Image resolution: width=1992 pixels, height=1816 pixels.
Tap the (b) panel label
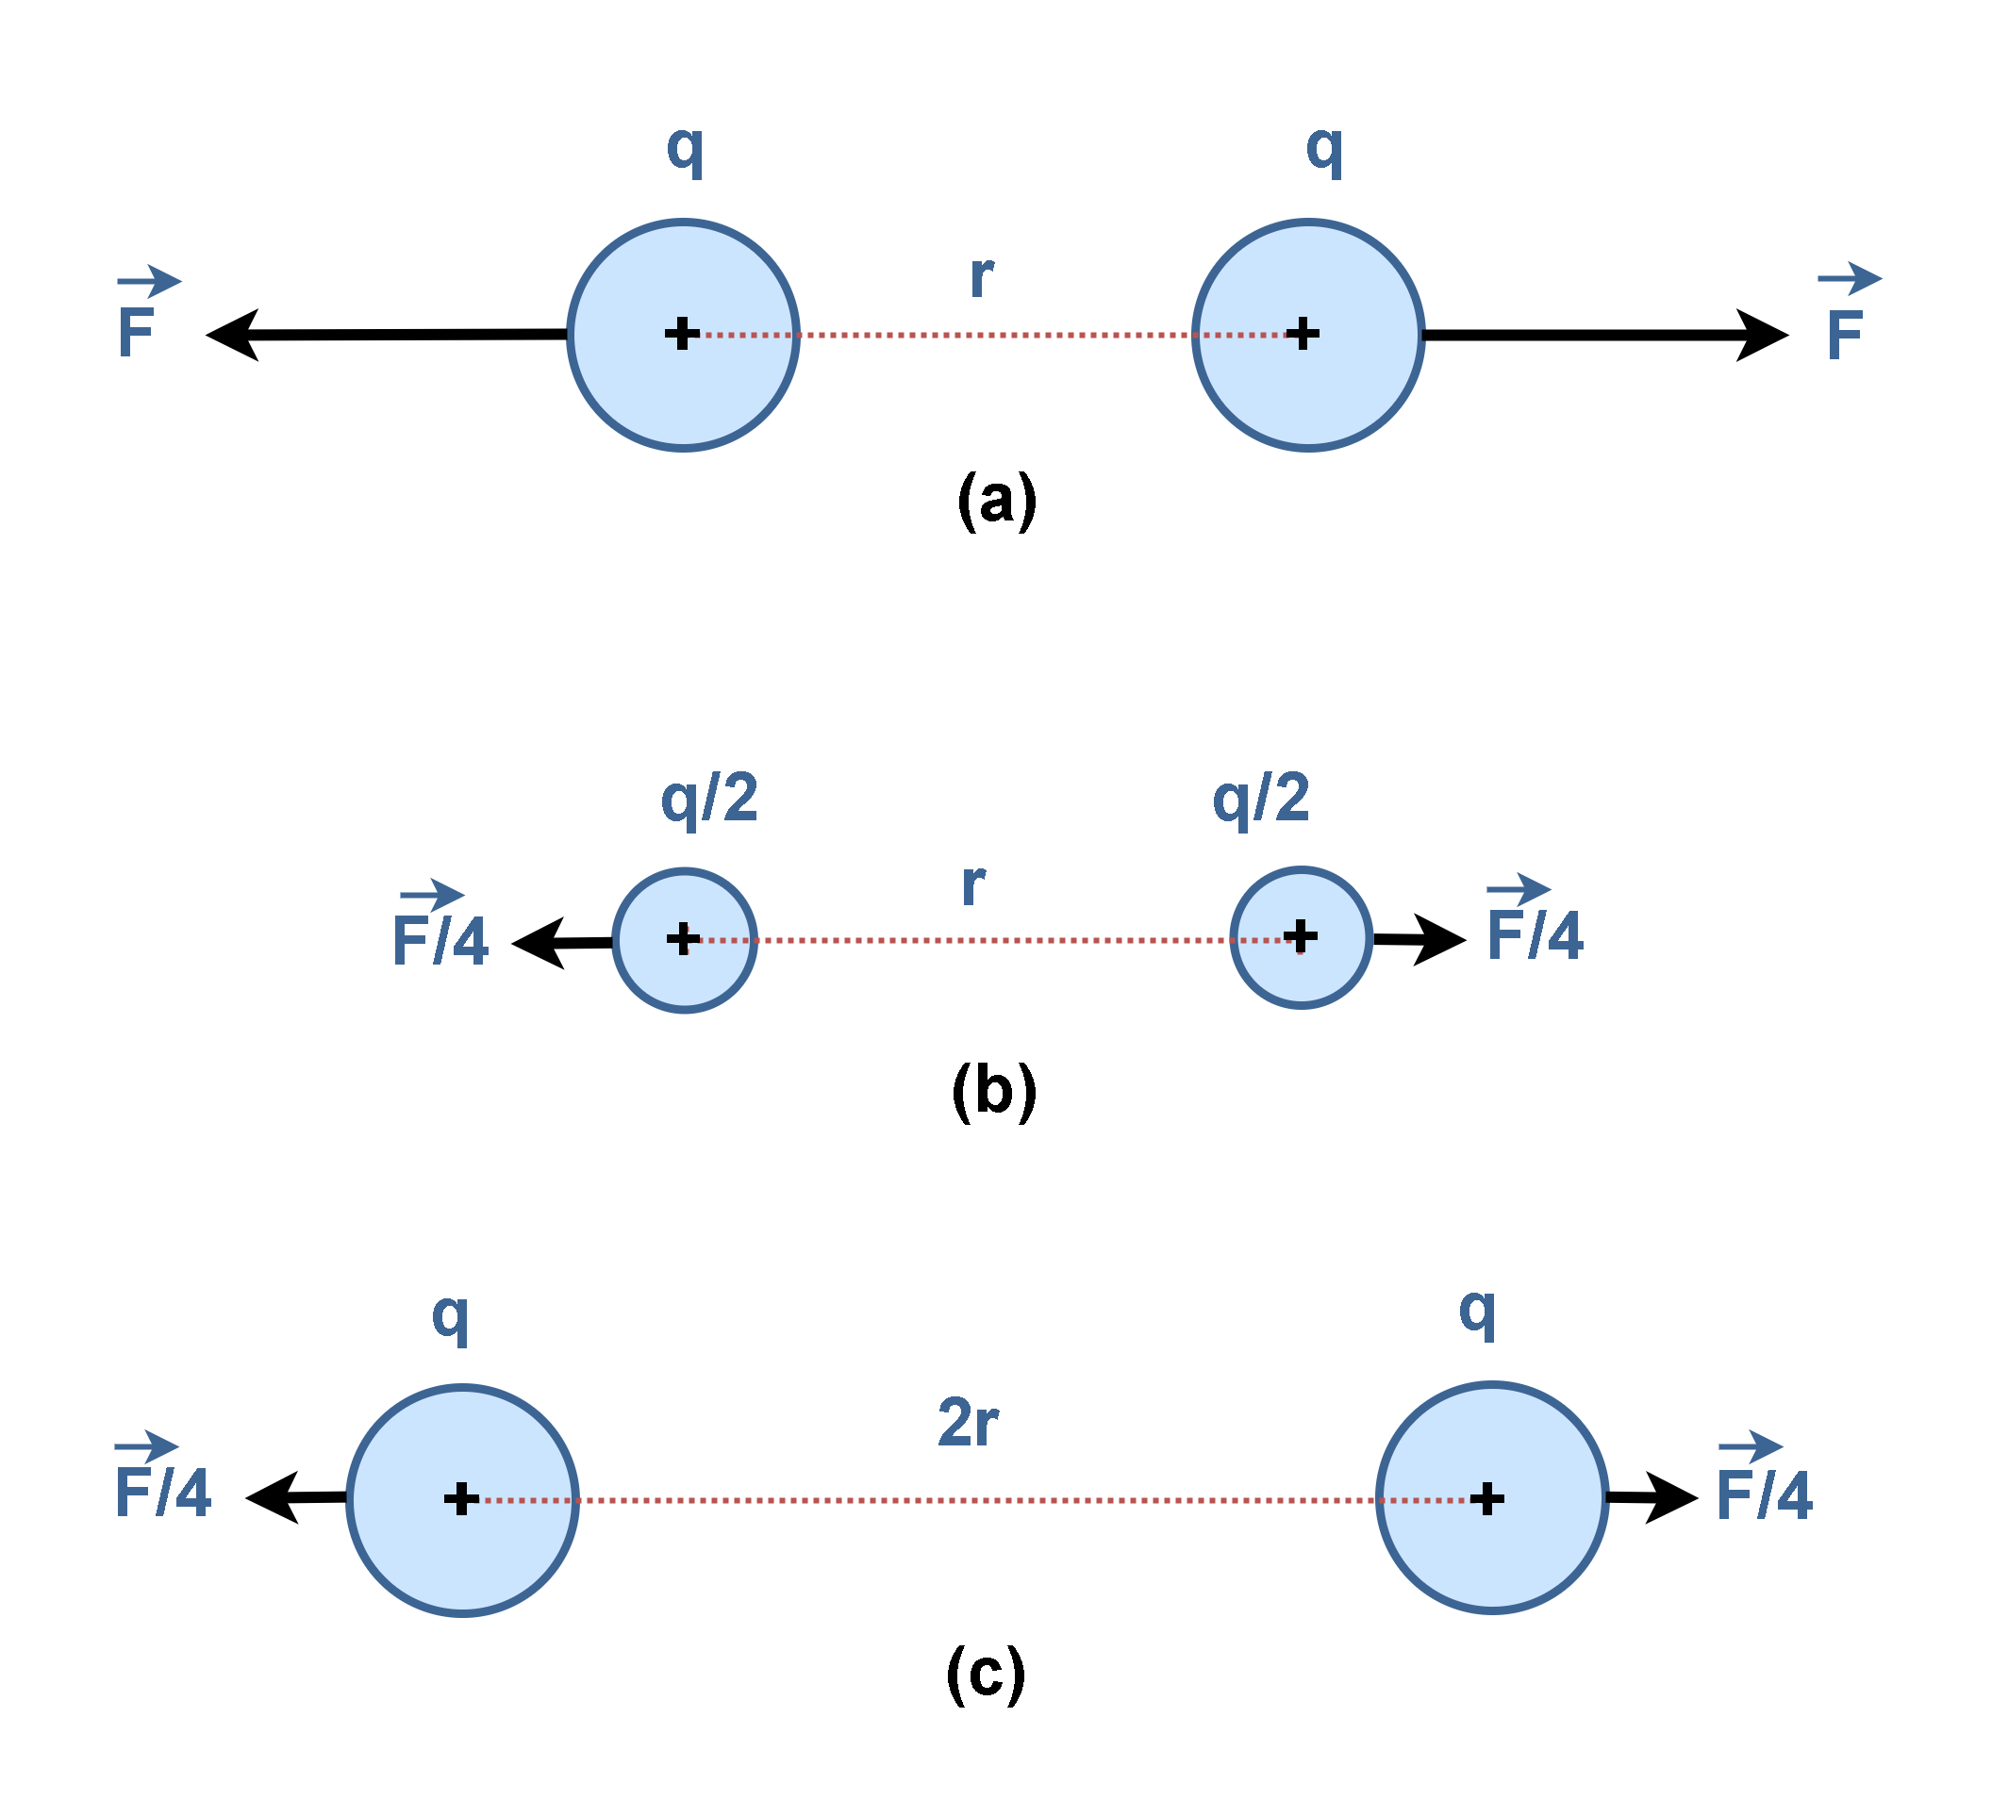click(x=994, y=1091)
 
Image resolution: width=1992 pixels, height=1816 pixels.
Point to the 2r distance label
click(x=968, y=1423)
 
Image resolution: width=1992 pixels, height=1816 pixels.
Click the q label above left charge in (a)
click(x=685, y=150)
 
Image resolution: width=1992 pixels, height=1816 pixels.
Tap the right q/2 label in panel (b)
click(x=1261, y=799)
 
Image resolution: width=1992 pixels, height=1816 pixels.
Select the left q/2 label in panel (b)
click(x=709, y=800)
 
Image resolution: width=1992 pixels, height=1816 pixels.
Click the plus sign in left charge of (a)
click(x=682, y=334)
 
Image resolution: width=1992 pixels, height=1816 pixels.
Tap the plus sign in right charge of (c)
click(x=1486, y=1499)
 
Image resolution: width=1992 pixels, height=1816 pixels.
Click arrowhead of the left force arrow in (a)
click(x=232, y=335)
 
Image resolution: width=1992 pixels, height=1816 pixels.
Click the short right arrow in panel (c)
click(x=1652, y=1498)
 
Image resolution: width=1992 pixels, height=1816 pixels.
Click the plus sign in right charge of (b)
click(x=1300, y=934)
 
